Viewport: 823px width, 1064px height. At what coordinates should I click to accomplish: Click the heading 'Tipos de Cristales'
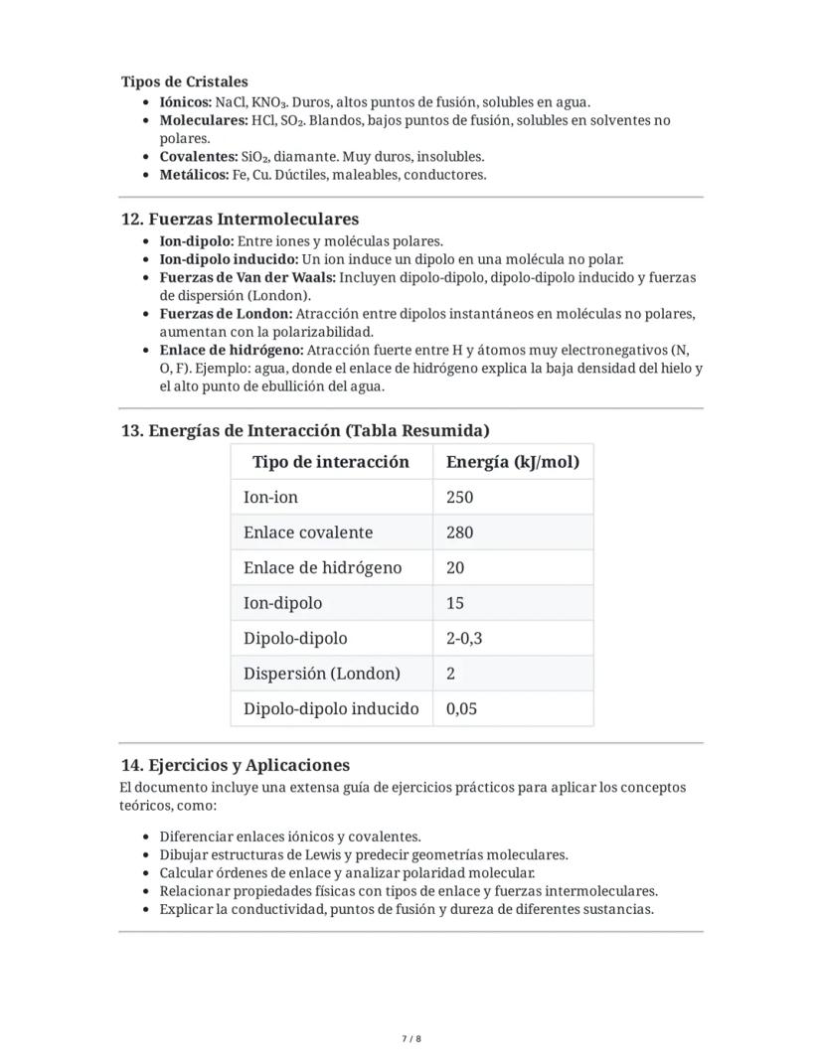click(185, 81)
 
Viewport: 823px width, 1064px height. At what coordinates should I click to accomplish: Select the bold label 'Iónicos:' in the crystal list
click(186, 101)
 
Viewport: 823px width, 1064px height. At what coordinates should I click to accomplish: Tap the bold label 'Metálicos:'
click(194, 175)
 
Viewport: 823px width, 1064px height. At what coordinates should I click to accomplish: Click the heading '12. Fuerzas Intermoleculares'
click(240, 219)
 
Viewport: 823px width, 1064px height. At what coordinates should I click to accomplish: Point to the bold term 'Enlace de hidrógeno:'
click(232, 350)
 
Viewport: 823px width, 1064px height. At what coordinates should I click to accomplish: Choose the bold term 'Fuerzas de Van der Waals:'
click(247, 277)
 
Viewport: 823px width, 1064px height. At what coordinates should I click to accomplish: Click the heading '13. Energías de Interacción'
click(304, 430)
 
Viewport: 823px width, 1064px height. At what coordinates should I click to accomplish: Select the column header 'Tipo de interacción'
click(330, 462)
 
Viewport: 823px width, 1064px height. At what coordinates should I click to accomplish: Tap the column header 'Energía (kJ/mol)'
click(512, 462)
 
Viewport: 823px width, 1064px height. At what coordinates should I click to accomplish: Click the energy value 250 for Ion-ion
click(459, 497)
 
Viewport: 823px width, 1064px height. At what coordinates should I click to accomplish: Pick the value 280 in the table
click(459, 532)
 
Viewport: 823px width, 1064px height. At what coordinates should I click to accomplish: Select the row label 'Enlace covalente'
click(308, 532)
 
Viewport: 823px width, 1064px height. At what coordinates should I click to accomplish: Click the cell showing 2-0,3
click(464, 638)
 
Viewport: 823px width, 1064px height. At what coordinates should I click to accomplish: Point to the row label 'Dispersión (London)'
click(321, 674)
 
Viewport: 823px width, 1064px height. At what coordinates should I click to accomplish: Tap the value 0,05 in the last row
click(461, 708)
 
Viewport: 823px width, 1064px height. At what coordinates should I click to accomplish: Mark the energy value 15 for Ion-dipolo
click(455, 603)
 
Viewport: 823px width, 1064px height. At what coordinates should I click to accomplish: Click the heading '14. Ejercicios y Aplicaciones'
click(235, 765)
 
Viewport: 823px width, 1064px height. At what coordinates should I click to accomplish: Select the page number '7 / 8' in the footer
click(411, 1039)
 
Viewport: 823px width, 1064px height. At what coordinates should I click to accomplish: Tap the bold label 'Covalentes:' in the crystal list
click(198, 157)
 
